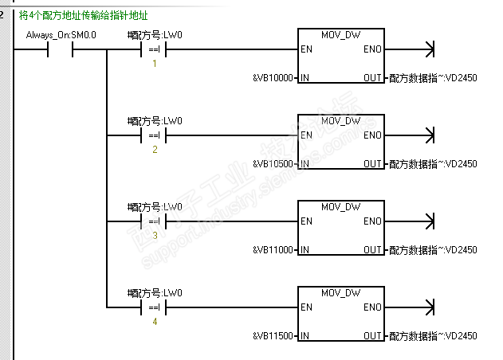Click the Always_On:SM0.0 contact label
[x=50, y=35]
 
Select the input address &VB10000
[x=273, y=77]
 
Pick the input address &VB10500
[x=273, y=164]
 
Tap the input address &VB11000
[x=273, y=250]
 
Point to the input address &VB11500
[x=273, y=336]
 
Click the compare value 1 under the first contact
[x=155, y=63]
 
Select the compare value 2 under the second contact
[x=155, y=149]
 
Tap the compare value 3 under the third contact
[x=155, y=236]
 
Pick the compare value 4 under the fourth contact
[x=155, y=322]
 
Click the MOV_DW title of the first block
[x=340, y=35]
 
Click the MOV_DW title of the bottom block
[x=340, y=293]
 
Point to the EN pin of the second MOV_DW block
[x=306, y=135]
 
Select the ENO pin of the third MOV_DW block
[x=372, y=221]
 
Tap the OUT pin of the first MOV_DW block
[x=372, y=77]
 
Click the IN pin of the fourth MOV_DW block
[x=305, y=336]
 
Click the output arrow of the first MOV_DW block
[x=430, y=49]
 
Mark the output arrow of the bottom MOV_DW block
[x=430, y=307]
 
